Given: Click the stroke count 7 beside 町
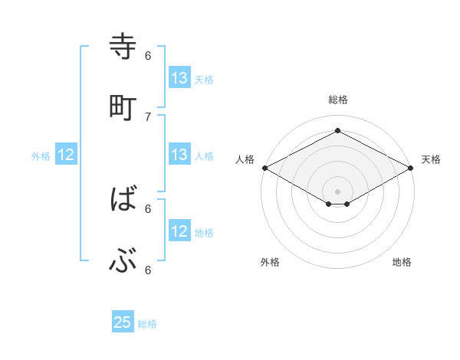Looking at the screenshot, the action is pyautogui.click(x=148, y=116).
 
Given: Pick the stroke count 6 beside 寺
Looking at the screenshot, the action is pyautogui.click(x=148, y=55).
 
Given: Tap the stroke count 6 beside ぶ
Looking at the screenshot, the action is pyautogui.click(x=148, y=270).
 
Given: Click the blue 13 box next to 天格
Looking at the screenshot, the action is pyautogui.click(x=179, y=78).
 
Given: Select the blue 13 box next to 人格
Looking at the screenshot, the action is pyautogui.click(x=179, y=155).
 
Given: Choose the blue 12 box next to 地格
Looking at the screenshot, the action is pyautogui.click(x=179, y=231).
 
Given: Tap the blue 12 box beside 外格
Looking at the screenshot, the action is pyautogui.click(x=66, y=155).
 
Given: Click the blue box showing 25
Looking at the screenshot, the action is pyautogui.click(x=123, y=322).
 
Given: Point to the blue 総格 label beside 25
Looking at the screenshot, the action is pyautogui.click(x=147, y=324).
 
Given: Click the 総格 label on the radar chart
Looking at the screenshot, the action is pyautogui.click(x=338, y=100).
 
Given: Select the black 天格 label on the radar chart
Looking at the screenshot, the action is pyautogui.click(x=431, y=159).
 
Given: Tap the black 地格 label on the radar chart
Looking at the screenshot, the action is pyautogui.click(x=402, y=262).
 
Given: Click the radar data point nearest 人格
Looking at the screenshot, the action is pyautogui.click(x=264, y=168).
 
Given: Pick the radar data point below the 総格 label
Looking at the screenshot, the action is pyautogui.click(x=338, y=131).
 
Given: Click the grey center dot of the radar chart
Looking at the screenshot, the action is pyautogui.click(x=338, y=191).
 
